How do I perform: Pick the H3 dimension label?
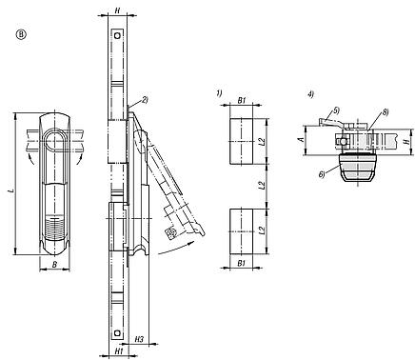pos(139,339)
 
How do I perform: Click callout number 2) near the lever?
pos(145,99)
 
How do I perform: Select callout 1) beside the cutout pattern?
pos(218,93)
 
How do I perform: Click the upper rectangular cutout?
pos(242,141)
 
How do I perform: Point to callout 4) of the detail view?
pos(311,93)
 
